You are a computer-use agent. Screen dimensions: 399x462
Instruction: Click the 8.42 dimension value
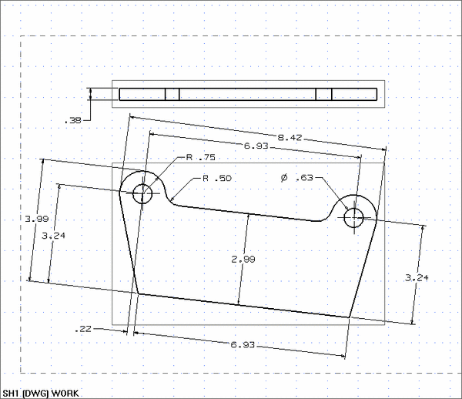pyautogui.click(x=290, y=137)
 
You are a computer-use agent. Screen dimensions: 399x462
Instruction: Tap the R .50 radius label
pyautogui.click(x=216, y=178)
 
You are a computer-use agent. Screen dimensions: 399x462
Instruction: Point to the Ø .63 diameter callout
pyautogui.click(x=297, y=178)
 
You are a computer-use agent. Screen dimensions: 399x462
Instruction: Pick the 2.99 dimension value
pyautogui.click(x=243, y=260)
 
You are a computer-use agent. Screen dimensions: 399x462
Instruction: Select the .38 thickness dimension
pyautogui.click(x=72, y=119)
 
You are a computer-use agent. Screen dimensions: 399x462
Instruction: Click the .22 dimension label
pyautogui.click(x=84, y=329)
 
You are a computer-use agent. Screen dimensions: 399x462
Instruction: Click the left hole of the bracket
pyautogui.click(x=143, y=193)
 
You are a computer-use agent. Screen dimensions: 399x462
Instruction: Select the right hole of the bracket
pyautogui.click(x=354, y=218)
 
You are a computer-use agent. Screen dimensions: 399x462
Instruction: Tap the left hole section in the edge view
pyautogui.click(x=172, y=95)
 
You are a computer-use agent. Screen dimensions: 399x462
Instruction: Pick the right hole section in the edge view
pyautogui.click(x=323, y=95)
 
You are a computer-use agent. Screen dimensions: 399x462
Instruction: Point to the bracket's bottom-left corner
pyautogui.click(x=138, y=293)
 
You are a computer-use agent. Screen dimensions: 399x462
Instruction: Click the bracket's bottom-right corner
pyautogui.click(x=350, y=317)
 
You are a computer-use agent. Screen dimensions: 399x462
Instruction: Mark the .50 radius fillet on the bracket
pyautogui.click(x=172, y=201)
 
